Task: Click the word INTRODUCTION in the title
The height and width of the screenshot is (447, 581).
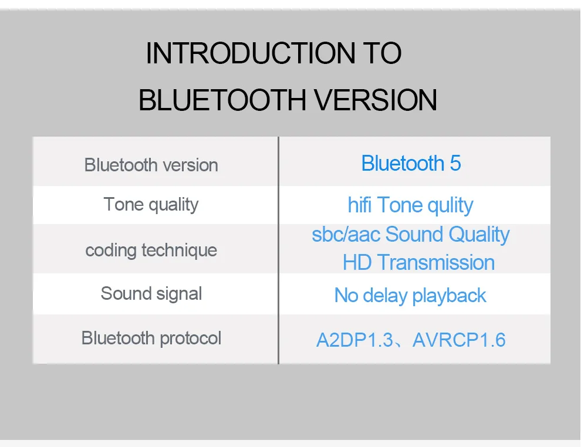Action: point(248,53)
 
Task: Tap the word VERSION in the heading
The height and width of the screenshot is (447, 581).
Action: point(376,100)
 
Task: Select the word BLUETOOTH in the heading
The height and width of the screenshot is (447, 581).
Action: point(222,100)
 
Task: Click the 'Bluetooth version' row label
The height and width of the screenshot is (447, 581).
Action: point(151,165)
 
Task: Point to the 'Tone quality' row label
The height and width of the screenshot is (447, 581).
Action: point(151,205)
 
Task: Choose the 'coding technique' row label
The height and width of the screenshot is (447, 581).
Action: point(151,250)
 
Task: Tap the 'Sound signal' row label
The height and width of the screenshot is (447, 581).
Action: point(151,294)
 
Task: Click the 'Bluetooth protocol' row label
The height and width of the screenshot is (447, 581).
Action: point(151,338)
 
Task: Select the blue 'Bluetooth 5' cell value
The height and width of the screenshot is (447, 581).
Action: point(411,163)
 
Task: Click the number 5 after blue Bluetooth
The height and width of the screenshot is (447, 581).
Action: point(455,164)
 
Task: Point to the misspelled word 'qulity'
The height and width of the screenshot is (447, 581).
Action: point(450,206)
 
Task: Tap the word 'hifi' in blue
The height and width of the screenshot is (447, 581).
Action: point(359,205)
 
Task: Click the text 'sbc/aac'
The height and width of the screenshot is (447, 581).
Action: point(346,235)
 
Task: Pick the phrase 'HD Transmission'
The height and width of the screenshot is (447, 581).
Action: point(418,263)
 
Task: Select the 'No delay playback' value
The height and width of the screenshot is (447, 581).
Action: point(410,296)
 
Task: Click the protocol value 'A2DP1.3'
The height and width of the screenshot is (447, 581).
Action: point(354,340)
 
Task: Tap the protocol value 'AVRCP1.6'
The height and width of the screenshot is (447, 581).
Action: point(459,340)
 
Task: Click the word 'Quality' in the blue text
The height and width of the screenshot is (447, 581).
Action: point(479,235)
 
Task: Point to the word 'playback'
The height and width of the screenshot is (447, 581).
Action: point(449,296)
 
